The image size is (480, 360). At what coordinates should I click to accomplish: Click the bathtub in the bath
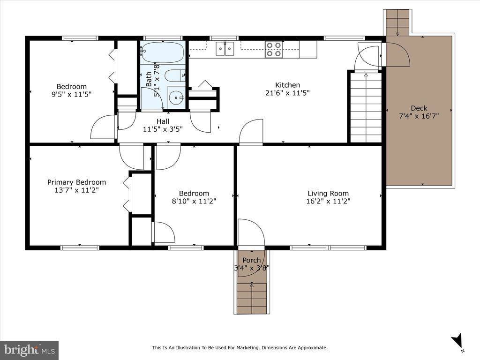(x=163, y=52)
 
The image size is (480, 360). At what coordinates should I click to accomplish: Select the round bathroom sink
(x=176, y=97)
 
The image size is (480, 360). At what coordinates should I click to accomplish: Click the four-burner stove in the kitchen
(x=274, y=49)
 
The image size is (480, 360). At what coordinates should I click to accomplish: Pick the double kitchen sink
(x=225, y=48)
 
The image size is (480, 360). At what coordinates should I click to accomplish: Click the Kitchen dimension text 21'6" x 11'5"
(x=287, y=93)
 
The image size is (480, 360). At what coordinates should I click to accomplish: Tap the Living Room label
(x=328, y=193)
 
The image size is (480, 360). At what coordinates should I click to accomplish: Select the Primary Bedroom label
(x=76, y=182)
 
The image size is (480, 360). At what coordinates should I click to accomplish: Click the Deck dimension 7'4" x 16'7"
(x=419, y=116)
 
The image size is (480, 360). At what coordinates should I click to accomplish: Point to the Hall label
(x=163, y=121)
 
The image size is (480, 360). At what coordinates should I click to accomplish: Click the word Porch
(x=252, y=260)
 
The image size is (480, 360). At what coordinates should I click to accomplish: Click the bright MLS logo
(x=30, y=350)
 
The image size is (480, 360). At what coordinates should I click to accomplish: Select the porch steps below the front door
(x=252, y=298)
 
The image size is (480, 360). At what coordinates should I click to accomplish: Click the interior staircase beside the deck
(x=366, y=107)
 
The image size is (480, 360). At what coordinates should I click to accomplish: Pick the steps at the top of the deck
(x=397, y=22)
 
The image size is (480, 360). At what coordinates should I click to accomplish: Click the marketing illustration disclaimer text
(x=240, y=348)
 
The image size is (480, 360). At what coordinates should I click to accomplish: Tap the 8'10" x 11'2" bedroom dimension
(x=194, y=201)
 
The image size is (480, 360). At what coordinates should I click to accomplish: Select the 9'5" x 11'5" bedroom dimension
(x=72, y=94)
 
